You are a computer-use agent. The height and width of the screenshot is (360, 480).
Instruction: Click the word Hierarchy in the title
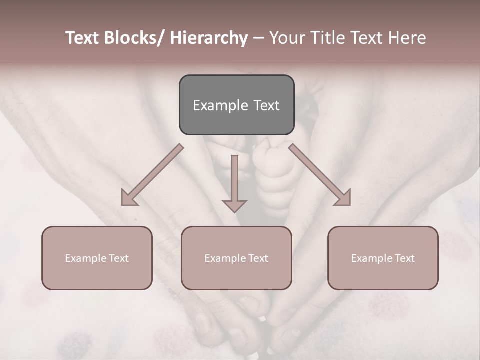click(x=209, y=38)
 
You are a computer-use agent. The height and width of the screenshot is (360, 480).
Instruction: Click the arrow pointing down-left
click(x=152, y=175)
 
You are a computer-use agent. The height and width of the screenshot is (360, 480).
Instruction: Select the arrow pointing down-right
click(x=320, y=175)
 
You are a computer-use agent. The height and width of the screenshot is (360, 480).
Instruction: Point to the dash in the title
click(x=258, y=38)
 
